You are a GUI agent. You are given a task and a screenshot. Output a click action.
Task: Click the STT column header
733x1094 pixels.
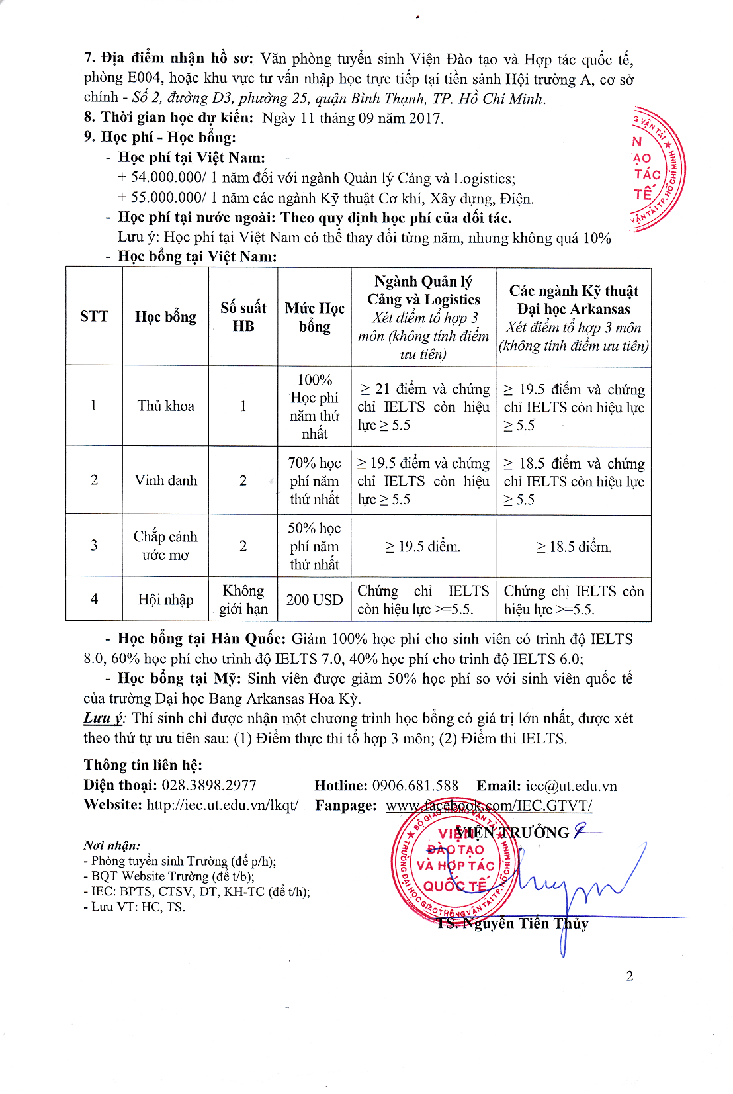point(94,316)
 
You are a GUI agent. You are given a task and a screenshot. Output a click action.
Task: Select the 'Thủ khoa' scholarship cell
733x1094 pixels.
point(165,406)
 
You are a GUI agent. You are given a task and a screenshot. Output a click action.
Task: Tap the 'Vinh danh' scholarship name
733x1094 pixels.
point(165,480)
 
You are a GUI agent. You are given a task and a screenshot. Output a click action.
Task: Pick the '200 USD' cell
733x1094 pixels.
point(314,600)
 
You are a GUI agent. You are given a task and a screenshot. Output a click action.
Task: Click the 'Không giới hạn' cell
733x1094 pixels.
point(243,600)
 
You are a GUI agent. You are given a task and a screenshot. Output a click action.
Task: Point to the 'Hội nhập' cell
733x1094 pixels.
point(165,600)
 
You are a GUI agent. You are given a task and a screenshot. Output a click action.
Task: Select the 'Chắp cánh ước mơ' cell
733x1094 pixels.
point(165,545)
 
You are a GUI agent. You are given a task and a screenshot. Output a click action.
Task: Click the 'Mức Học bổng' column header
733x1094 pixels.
point(314,317)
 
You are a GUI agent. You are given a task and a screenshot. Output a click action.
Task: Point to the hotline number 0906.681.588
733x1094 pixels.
point(415,786)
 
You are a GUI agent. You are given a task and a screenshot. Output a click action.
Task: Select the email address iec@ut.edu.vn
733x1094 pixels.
point(571,786)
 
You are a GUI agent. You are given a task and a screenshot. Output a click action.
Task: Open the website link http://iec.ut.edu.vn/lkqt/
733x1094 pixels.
point(222,805)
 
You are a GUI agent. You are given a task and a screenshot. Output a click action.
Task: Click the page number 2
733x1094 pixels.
point(630,976)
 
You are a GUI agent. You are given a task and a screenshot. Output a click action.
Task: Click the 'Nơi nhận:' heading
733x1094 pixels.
point(112,845)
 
